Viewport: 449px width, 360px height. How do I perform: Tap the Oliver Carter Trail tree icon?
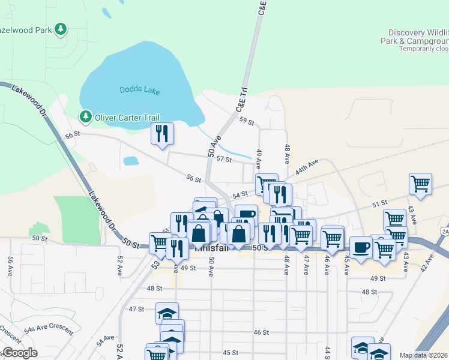(86, 117)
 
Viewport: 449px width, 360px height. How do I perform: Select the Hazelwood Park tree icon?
(60, 29)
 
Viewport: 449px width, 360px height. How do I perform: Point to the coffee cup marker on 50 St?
(361, 247)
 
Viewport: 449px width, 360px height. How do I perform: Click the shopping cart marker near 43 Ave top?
(420, 184)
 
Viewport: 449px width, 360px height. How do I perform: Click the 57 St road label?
(224, 159)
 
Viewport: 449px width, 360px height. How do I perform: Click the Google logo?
(19, 353)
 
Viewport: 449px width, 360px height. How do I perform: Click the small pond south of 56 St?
(130, 161)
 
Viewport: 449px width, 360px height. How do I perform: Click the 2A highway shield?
(445, 231)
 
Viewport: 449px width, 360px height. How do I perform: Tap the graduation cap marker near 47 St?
(167, 314)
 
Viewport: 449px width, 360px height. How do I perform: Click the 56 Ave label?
(11, 265)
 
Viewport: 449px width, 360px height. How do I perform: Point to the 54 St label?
(240, 195)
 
